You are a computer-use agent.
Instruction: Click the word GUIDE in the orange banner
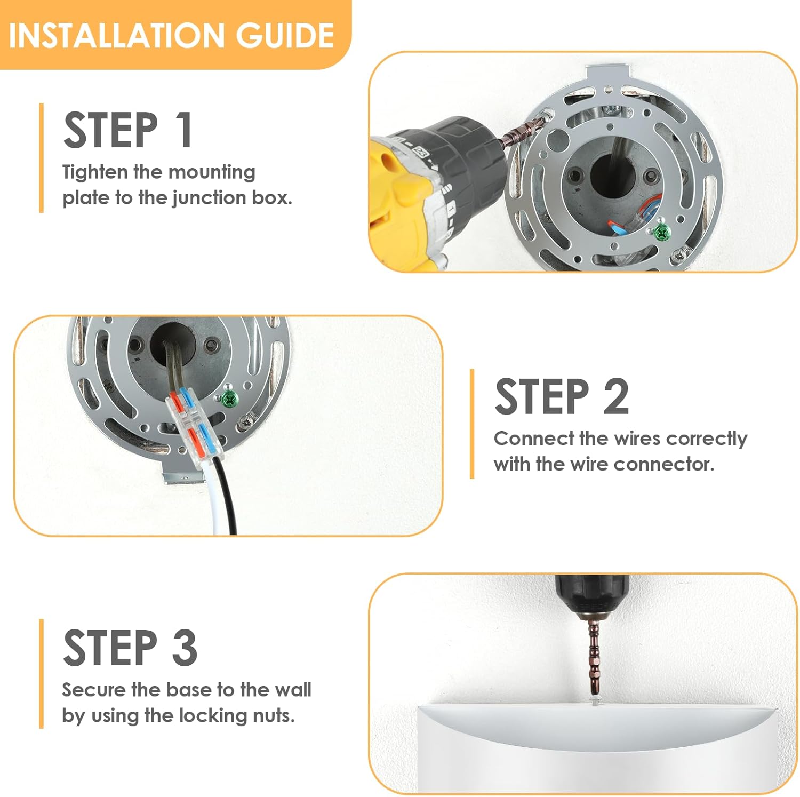[285, 35]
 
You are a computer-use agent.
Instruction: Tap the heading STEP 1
[128, 130]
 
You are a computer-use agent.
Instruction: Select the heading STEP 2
[562, 396]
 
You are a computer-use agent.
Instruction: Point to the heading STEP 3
[130, 647]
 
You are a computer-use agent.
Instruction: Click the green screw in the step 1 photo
[661, 232]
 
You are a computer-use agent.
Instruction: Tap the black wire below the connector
[227, 496]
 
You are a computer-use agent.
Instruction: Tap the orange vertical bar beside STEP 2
[472, 424]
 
